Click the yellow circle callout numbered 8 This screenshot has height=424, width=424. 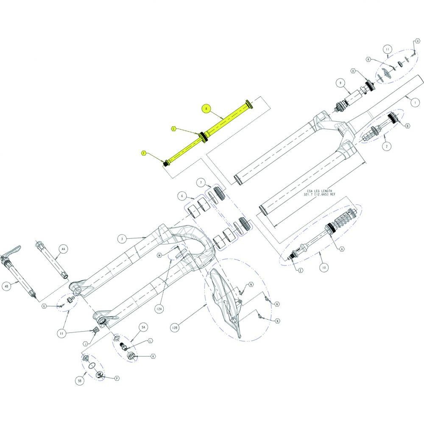(x=206, y=109)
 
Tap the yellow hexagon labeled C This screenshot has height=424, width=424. (x=173, y=128)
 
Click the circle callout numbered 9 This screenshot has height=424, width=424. (x=339, y=83)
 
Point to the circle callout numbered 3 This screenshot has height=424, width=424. (x=122, y=239)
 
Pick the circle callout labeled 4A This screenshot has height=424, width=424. (x=63, y=249)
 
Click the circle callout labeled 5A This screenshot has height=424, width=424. (x=143, y=328)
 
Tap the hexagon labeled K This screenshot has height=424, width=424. (x=152, y=357)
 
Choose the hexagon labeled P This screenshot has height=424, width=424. (x=117, y=377)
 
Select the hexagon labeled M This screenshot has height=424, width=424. (x=159, y=255)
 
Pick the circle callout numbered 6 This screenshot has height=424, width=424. (x=181, y=196)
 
